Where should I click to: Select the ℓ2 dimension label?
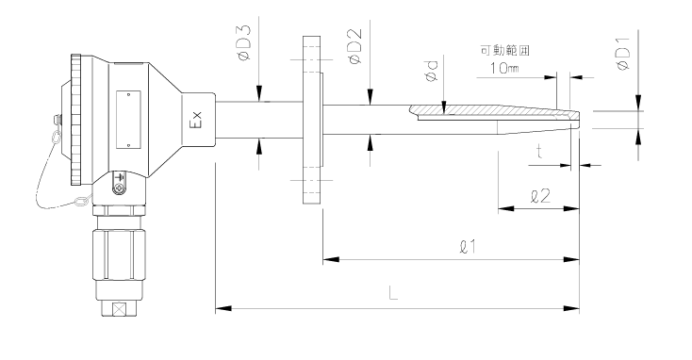540,196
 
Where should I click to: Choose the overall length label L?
393,293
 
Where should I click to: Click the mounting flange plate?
309,121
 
